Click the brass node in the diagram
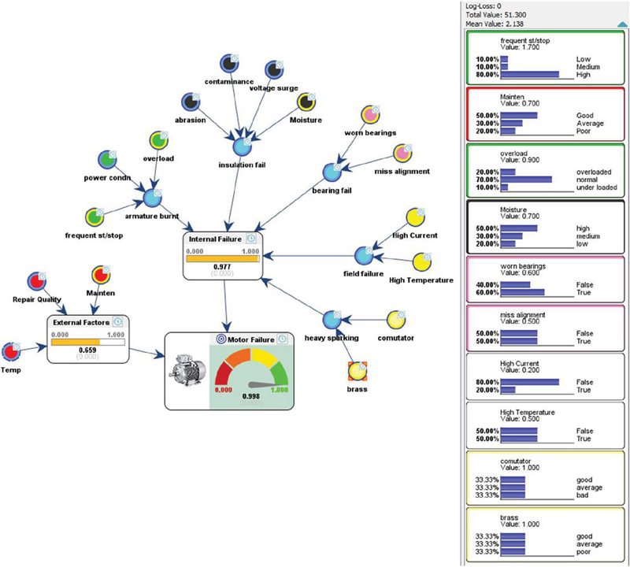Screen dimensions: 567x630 pos(358,370)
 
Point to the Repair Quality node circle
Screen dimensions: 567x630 pos(35,281)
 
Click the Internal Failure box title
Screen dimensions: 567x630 pos(215,238)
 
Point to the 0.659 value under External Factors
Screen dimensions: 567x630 pos(88,350)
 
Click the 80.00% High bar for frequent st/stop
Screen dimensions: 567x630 pos(529,75)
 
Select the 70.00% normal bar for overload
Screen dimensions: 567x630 pos(526,179)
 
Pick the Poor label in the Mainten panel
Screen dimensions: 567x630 pos(585,132)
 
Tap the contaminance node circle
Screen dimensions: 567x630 pos(230,66)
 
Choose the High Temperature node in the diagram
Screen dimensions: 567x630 pos(422,261)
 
